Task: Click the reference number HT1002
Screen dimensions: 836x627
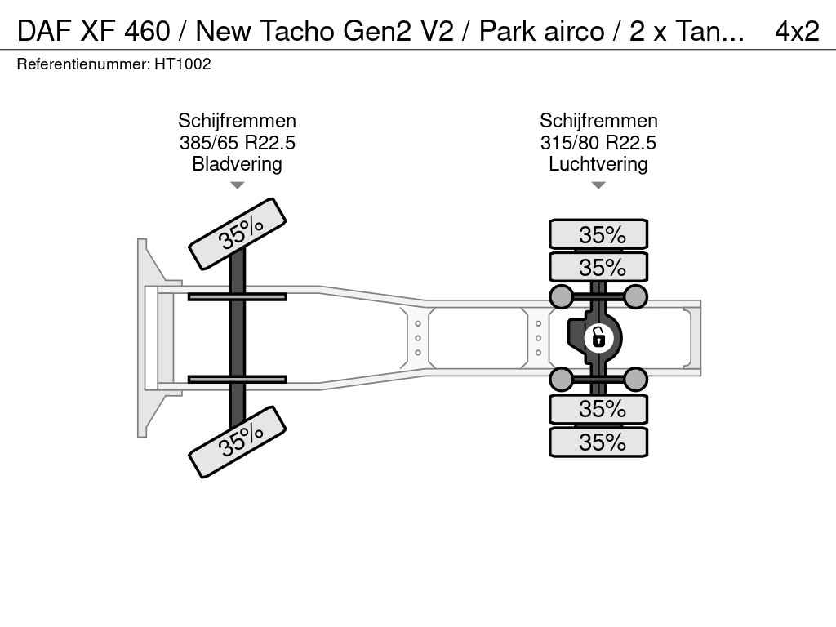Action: [x=183, y=64]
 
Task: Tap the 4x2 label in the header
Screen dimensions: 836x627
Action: [x=797, y=31]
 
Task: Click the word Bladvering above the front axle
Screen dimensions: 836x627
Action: [x=238, y=163]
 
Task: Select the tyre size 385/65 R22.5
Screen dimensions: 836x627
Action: [x=238, y=142]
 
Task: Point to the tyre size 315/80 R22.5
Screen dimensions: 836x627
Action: [x=598, y=142]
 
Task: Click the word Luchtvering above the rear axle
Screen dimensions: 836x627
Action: [x=598, y=163]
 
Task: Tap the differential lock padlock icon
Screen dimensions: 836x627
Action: [x=598, y=338]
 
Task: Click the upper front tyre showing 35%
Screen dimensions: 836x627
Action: [x=238, y=233]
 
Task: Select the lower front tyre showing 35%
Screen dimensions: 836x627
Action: [x=238, y=442]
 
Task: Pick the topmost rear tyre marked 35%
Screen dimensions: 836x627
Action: [x=598, y=234]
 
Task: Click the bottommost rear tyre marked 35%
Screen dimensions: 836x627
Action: [x=598, y=442]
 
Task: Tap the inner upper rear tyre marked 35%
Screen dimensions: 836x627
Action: [x=598, y=267]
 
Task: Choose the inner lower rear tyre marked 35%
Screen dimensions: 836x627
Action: [x=598, y=409]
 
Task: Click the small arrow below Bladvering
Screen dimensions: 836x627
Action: [x=238, y=185]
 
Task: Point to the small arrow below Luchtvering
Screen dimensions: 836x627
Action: [x=598, y=185]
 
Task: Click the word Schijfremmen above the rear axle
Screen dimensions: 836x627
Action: [x=598, y=121]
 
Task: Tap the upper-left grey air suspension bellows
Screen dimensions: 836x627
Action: [x=562, y=296]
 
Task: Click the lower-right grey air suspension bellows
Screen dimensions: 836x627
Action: [x=635, y=380]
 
